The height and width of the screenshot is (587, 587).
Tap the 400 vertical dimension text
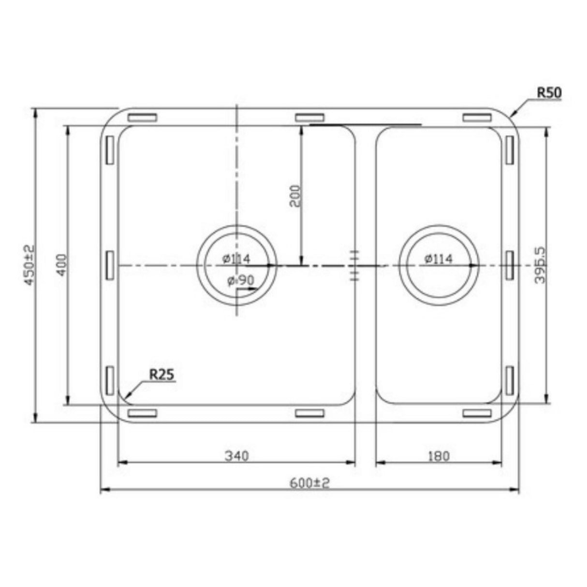click(x=62, y=264)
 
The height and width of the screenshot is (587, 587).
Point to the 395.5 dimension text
click(x=541, y=264)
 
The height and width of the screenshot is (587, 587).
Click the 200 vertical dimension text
click(x=295, y=196)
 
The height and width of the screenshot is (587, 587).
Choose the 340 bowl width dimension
click(x=236, y=455)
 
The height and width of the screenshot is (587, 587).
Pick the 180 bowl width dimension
click(x=439, y=455)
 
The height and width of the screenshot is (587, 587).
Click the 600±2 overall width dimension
click(x=309, y=483)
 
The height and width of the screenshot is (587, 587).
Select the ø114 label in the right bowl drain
click(x=439, y=259)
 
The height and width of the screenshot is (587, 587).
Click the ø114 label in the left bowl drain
click(x=236, y=259)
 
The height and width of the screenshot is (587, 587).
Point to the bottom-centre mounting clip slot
click(x=309, y=413)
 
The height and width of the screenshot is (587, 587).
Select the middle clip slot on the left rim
click(x=109, y=264)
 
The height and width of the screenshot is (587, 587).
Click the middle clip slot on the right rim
click(x=510, y=264)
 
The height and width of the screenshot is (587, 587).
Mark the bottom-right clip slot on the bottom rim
click(x=477, y=413)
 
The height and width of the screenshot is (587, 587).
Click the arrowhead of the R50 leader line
click(x=513, y=116)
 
